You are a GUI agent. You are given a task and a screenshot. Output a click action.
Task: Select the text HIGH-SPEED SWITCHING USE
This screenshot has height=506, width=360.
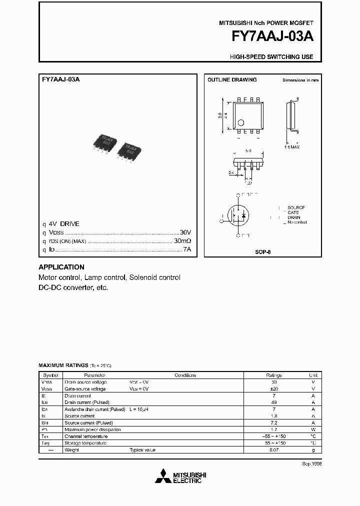point(271,57)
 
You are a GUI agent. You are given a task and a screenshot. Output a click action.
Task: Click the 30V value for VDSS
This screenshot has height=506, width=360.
point(185,233)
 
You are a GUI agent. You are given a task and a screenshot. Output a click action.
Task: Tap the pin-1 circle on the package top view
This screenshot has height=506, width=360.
point(240,122)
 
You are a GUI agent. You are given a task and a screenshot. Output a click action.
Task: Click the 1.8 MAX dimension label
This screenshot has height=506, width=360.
point(292,147)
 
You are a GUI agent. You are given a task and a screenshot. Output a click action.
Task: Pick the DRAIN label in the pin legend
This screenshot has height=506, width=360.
point(294,217)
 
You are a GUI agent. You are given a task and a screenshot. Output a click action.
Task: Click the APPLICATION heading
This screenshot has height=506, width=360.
point(61,267)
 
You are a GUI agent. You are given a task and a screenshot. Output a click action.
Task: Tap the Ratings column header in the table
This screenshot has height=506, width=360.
point(273,375)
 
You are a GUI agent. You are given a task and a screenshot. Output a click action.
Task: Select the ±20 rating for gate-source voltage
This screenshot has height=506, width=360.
point(273,388)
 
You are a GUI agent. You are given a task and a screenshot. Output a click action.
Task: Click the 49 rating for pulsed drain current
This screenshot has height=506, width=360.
point(273,402)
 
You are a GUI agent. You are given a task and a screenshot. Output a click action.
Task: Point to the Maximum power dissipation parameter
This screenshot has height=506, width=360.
point(92,429)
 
